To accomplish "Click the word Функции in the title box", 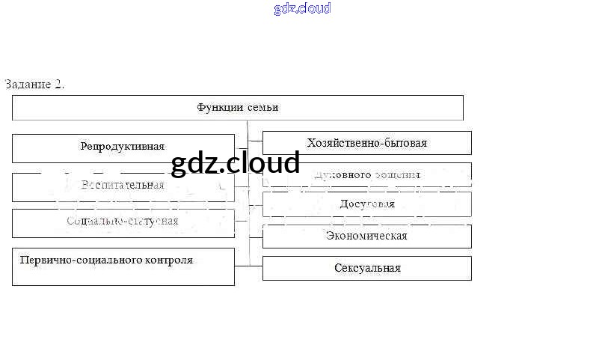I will [218, 108].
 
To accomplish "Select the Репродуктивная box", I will [123, 147].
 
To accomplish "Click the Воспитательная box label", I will [123, 186].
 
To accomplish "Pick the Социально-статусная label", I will [123, 222].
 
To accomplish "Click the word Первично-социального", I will [73, 260].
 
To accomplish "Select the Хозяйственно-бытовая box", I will [366, 143].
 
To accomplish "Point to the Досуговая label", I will [366, 204].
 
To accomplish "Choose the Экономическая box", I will [366, 236].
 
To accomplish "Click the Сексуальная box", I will [367, 268].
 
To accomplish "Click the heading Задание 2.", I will [34, 84].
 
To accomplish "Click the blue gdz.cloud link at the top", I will [302, 9].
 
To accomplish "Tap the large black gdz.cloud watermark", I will [236, 162].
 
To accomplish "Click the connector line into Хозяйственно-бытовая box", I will [255, 140].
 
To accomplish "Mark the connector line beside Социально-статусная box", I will [241, 221].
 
